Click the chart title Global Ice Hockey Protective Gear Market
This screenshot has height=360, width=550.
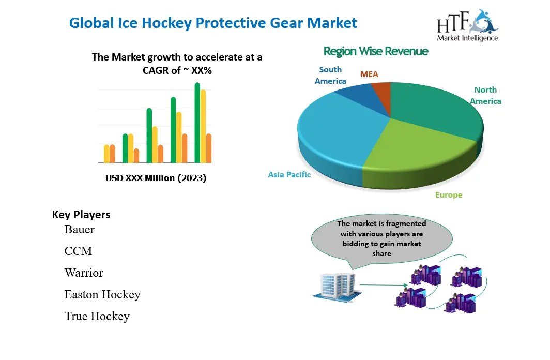[213, 23]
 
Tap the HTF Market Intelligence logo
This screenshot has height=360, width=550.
[467, 26]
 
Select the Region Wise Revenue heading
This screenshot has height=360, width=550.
[375, 51]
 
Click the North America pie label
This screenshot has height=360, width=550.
[485, 96]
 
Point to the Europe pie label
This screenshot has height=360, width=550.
[448, 195]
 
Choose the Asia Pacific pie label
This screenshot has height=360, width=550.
[289, 175]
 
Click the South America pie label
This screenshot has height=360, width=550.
[330, 76]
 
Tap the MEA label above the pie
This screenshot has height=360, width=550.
[369, 74]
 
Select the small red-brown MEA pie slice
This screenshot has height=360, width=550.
[382, 92]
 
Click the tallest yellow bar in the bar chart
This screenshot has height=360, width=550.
[203, 126]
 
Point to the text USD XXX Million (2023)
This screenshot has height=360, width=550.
[156, 178]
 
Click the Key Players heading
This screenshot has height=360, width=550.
[81, 215]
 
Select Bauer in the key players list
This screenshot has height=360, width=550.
[79, 229]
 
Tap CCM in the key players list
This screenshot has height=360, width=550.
[78, 251]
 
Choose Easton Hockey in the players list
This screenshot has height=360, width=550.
[102, 294]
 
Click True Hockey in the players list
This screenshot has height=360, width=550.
[97, 316]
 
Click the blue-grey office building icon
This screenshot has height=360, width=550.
[335, 285]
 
